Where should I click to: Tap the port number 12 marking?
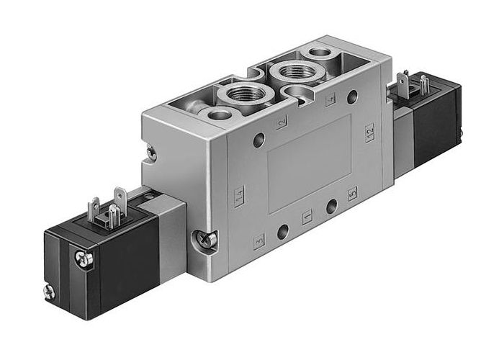click(369, 132)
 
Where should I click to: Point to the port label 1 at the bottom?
click(307, 217)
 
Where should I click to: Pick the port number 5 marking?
click(352, 194)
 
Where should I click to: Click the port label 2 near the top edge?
click(282, 122)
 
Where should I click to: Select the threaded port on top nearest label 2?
click(242, 94)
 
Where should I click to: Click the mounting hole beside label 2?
click(258, 139)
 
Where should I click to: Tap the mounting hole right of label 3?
click(283, 231)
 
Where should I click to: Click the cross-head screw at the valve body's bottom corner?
click(205, 240)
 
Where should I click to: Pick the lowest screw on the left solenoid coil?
click(49, 292)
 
